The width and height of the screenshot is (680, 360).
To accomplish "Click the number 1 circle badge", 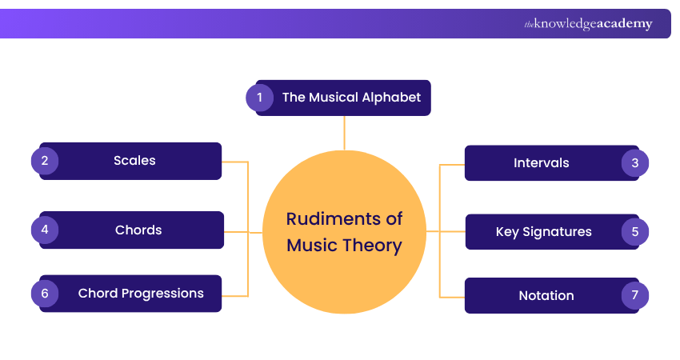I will [259, 98].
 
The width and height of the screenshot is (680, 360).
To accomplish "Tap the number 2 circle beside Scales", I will [45, 161].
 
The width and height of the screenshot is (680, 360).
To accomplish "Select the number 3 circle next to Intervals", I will [634, 163].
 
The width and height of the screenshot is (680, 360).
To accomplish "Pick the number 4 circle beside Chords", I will [45, 230].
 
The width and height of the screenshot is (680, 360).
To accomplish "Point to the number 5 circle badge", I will [634, 232].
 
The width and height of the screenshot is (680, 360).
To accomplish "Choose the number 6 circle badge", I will [45, 294].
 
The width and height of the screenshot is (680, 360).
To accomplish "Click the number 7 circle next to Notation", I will [634, 296].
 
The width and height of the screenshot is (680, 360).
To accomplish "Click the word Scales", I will [134, 161].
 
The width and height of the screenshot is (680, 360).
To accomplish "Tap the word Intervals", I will [542, 163].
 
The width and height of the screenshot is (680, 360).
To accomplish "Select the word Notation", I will [546, 296].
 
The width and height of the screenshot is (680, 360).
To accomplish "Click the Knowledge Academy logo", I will [589, 24].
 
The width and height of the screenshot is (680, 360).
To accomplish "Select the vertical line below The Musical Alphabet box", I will [345, 133].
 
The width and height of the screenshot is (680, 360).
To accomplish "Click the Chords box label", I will [138, 230].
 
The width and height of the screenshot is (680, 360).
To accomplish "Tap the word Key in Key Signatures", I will [507, 232].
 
